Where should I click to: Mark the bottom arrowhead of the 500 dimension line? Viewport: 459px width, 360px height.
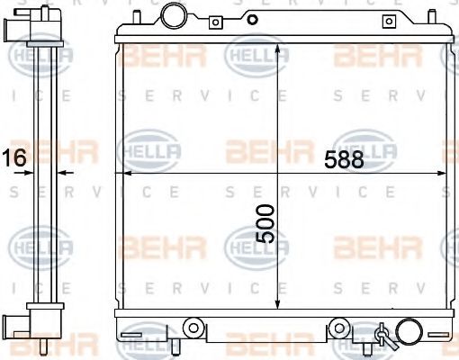[x=278, y=304]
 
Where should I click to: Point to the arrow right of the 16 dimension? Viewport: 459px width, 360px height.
[x=63, y=171]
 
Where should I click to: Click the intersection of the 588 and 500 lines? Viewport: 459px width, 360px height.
[x=278, y=172]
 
